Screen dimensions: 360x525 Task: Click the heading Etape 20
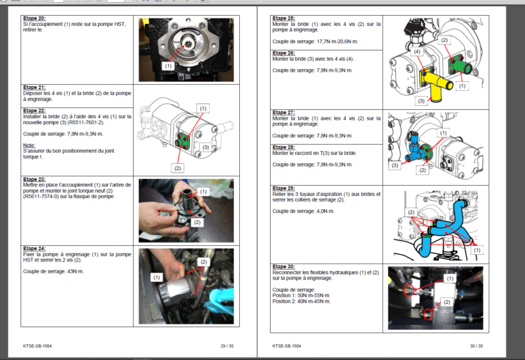(34, 18)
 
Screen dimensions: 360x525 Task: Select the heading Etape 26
(284, 53)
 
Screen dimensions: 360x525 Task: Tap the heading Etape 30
(284, 266)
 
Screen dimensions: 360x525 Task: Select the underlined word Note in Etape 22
(29, 146)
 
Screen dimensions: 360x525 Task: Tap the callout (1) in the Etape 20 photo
(168, 66)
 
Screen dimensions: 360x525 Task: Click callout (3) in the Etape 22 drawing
(205, 147)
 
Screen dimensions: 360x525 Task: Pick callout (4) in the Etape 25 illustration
(417, 51)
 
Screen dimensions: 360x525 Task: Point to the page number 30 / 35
(476, 346)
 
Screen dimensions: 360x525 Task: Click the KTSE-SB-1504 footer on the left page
(38, 346)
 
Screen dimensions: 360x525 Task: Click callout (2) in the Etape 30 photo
(446, 301)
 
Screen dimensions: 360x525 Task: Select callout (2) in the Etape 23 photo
(197, 222)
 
